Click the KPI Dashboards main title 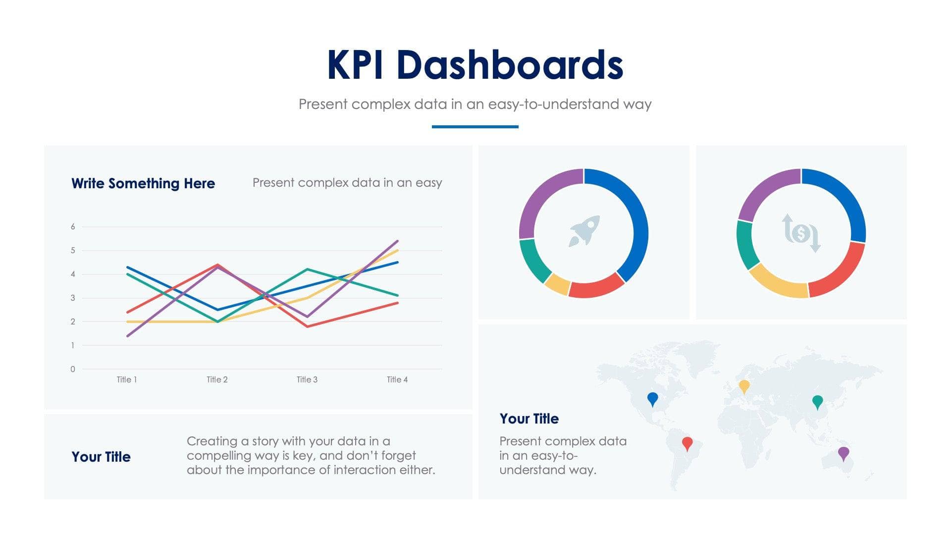[x=475, y=65]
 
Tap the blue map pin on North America [x=653, y=398]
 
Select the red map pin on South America [x=687, y=442]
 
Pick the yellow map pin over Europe [x=744, y=385]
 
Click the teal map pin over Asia [x=817, y=401]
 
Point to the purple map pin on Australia [x=844, y=453]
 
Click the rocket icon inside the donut [x=584, y=230]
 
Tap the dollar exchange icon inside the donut [x=801, y=233]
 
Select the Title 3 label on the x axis [x=307, y=379]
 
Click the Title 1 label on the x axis [x=127, y=379]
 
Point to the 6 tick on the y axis [x=73, y=227]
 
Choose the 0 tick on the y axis [x=73, y=369]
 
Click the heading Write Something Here [x=143, y=183]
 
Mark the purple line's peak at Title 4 [x=397, y=241]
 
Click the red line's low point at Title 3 [x=308, y=326]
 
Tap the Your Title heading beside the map [x=529, y=419]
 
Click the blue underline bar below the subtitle [x=475, y=127]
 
